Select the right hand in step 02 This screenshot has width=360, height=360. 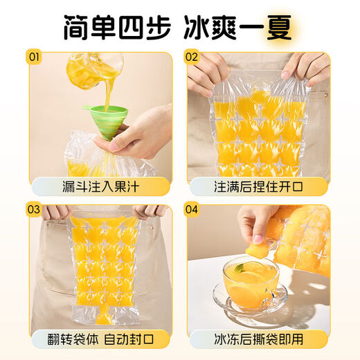tap(305, 66)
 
